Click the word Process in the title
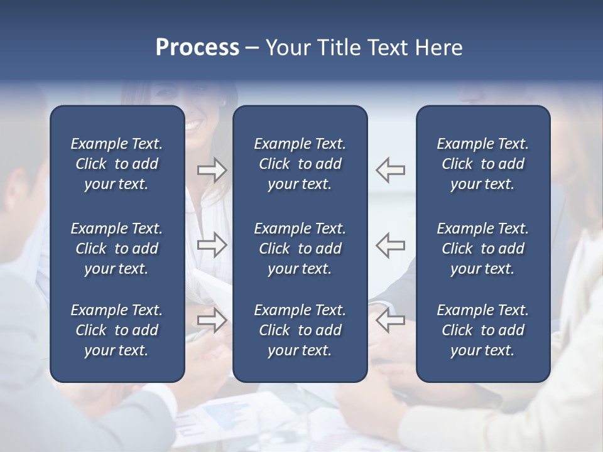(x=197, y=48)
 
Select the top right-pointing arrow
(x=212, y=170)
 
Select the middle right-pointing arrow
(x=212, y=245)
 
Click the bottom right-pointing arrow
(x=212, y=320)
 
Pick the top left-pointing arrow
(x=390, y=170)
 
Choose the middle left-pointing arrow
(x=390, y=245)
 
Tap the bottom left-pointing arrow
(x=390, y=320)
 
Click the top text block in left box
(x=117, y=164)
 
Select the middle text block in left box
(x=117, y=249)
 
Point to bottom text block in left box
(x=117, y=330)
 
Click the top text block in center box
(x=300, y=164)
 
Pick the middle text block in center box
(x=300, y=249)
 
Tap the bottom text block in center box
(x=300, y=330)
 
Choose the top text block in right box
(x=482, y=164)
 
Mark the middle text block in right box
(x=482, y=249)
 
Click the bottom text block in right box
(x=482, y=330)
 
